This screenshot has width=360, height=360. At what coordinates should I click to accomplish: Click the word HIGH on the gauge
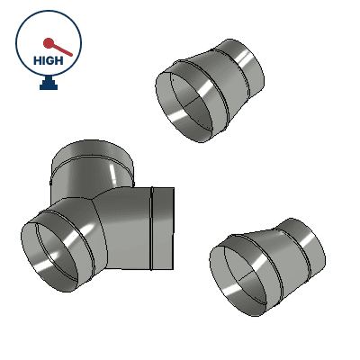coord(48,60)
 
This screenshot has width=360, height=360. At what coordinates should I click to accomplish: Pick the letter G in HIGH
coord(51,60)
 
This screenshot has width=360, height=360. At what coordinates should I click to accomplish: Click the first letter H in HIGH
coord(37,60)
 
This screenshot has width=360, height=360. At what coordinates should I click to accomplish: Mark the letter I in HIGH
coord(44,60)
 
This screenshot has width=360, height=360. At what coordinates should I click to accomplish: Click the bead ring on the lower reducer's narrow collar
coord(301,250)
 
